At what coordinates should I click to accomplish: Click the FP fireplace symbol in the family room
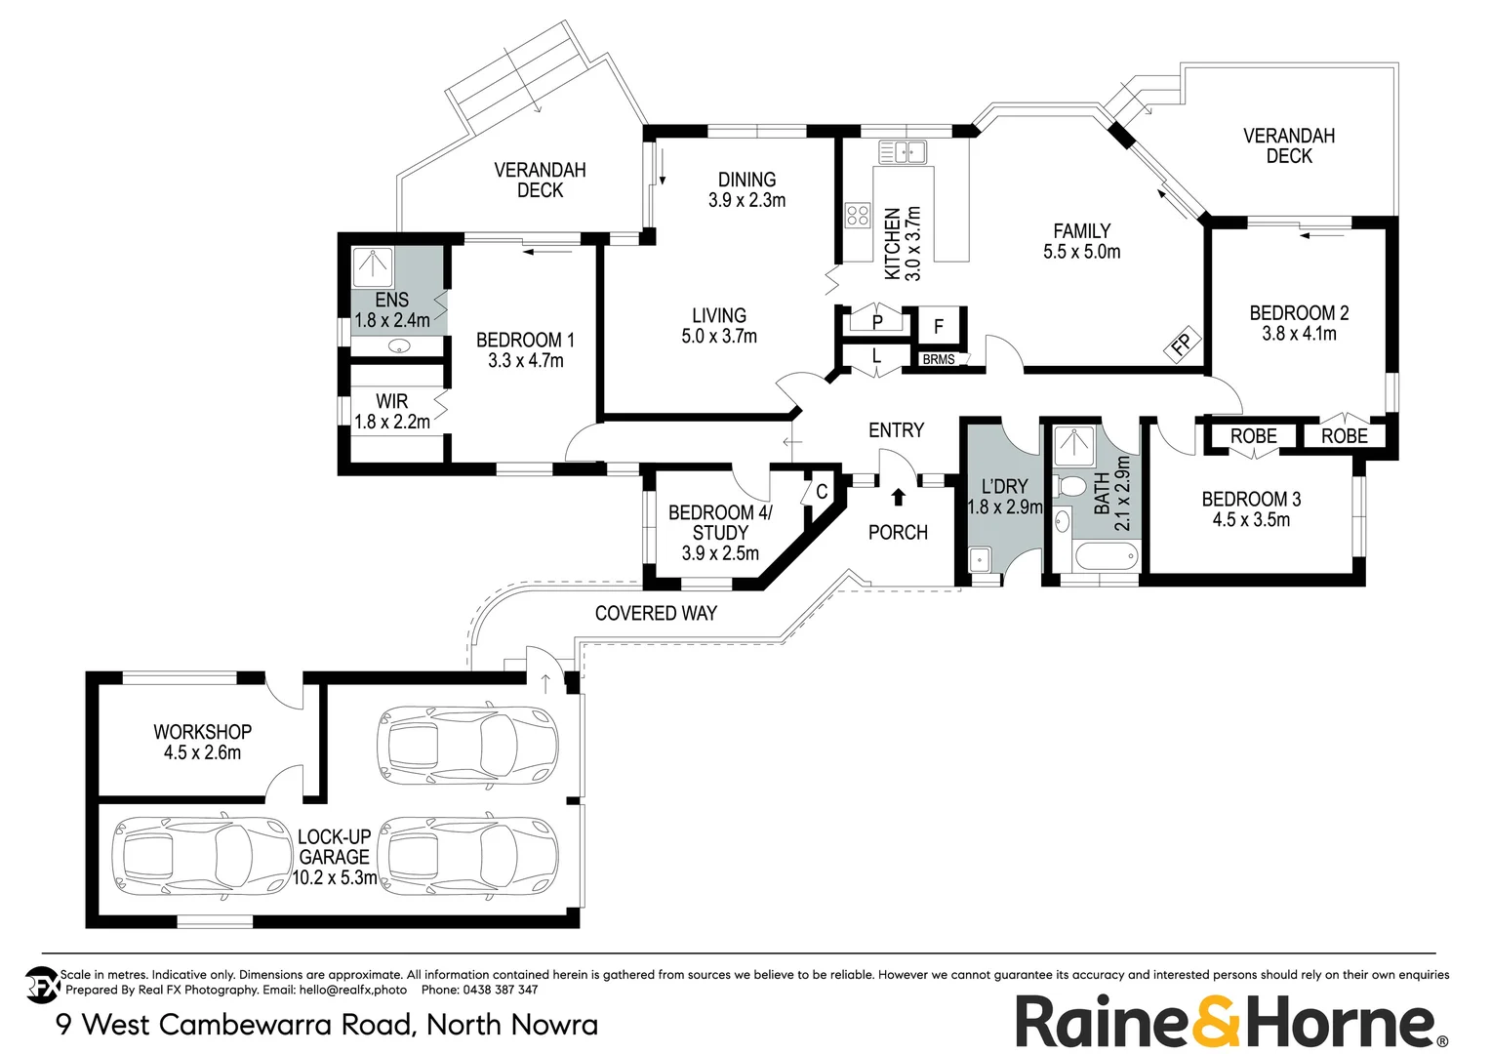[1182, 345]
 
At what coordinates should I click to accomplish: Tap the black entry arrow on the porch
[899, 498]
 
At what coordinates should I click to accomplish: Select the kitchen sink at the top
[903, 152]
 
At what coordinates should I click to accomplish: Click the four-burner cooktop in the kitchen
[858, 215]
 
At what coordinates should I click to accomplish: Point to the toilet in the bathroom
[1071, 485]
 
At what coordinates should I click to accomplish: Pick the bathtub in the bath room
[1106, 558]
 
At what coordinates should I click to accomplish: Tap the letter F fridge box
[939, 327]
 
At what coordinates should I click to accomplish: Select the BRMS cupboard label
[939, 360]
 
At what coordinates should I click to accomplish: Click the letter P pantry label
[877, 322]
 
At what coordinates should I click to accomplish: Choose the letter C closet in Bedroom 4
[822, 492]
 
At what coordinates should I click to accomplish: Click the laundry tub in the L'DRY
[980, 560]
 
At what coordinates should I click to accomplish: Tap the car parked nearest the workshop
[466, 745]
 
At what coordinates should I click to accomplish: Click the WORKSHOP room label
[202, 732]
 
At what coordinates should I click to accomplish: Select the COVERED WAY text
[656, 613]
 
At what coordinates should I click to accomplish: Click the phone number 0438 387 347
[500, 990]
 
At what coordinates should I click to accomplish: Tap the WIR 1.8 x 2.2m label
[392, 412]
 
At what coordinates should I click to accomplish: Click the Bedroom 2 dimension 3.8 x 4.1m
[1299, 334]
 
